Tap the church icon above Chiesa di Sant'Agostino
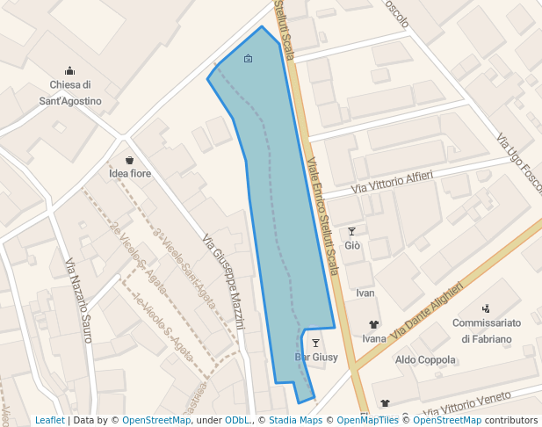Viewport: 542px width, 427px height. tap(70, 71)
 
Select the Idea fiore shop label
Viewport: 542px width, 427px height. tap(130, 173)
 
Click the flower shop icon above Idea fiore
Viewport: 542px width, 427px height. tap(130, 160)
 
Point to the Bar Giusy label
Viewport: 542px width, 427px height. tap(316, 357)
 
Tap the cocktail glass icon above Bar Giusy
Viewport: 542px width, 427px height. tap(316, 343)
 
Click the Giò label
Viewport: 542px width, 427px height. tap(352, 245)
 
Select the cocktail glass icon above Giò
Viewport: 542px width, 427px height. tap(352, 231)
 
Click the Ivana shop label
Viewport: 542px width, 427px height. tap(374, 338)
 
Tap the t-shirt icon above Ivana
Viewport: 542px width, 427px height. tap(374, 324)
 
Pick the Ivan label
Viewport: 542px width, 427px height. tap(365, 293)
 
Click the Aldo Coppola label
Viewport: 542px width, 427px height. tap(425, 359)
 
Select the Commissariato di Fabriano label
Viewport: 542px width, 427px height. tap(486, 330)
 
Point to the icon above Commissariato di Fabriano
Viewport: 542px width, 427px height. tap(486, 308)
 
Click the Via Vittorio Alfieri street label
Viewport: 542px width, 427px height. tap(392, 183)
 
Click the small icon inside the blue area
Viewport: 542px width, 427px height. tap(248, 59)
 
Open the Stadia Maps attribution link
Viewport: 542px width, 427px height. tap(295, 420)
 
